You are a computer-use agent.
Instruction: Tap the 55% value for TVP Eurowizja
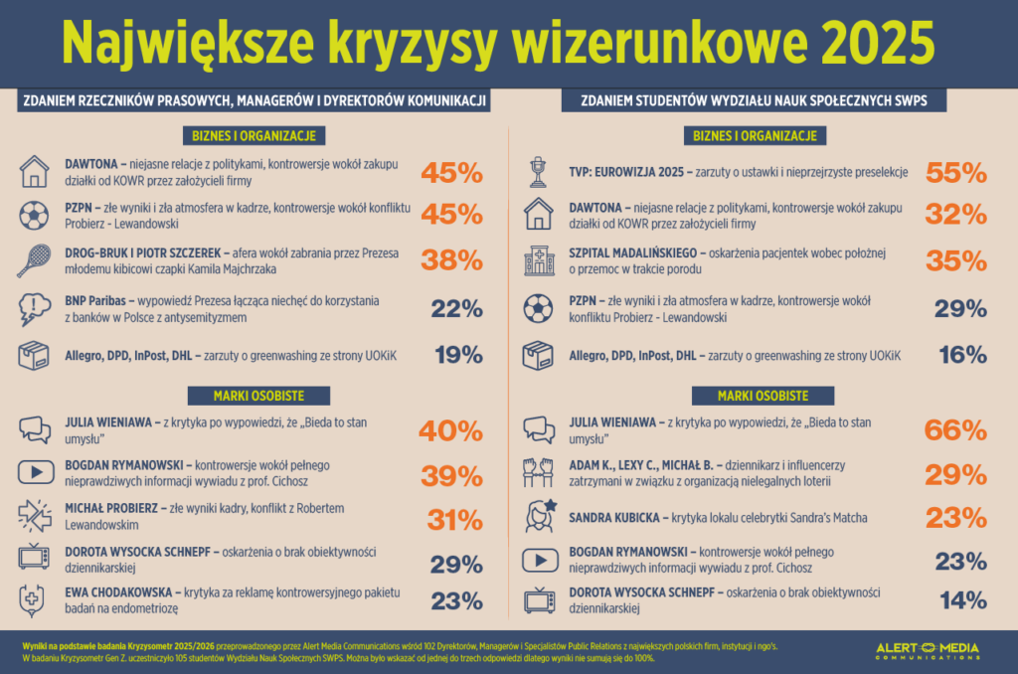click(956, 172)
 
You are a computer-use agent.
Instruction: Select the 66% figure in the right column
click(956, 430)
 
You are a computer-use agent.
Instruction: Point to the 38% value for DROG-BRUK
click(452, 260)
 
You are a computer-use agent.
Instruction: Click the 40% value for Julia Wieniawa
click(452, 430)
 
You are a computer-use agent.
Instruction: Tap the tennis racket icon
click(35, 260)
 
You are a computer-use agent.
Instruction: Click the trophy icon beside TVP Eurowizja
click(539, 171)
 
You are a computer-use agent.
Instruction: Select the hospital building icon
click(539, 260)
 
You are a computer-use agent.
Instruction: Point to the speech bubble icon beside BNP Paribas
click(35, 308)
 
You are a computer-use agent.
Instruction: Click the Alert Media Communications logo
click(927, 651)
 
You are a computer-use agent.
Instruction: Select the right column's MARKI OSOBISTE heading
click(762, 396)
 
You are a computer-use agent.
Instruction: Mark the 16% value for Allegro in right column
click(961, 355)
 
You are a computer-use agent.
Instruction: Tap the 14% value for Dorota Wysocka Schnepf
click(961, 599)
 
